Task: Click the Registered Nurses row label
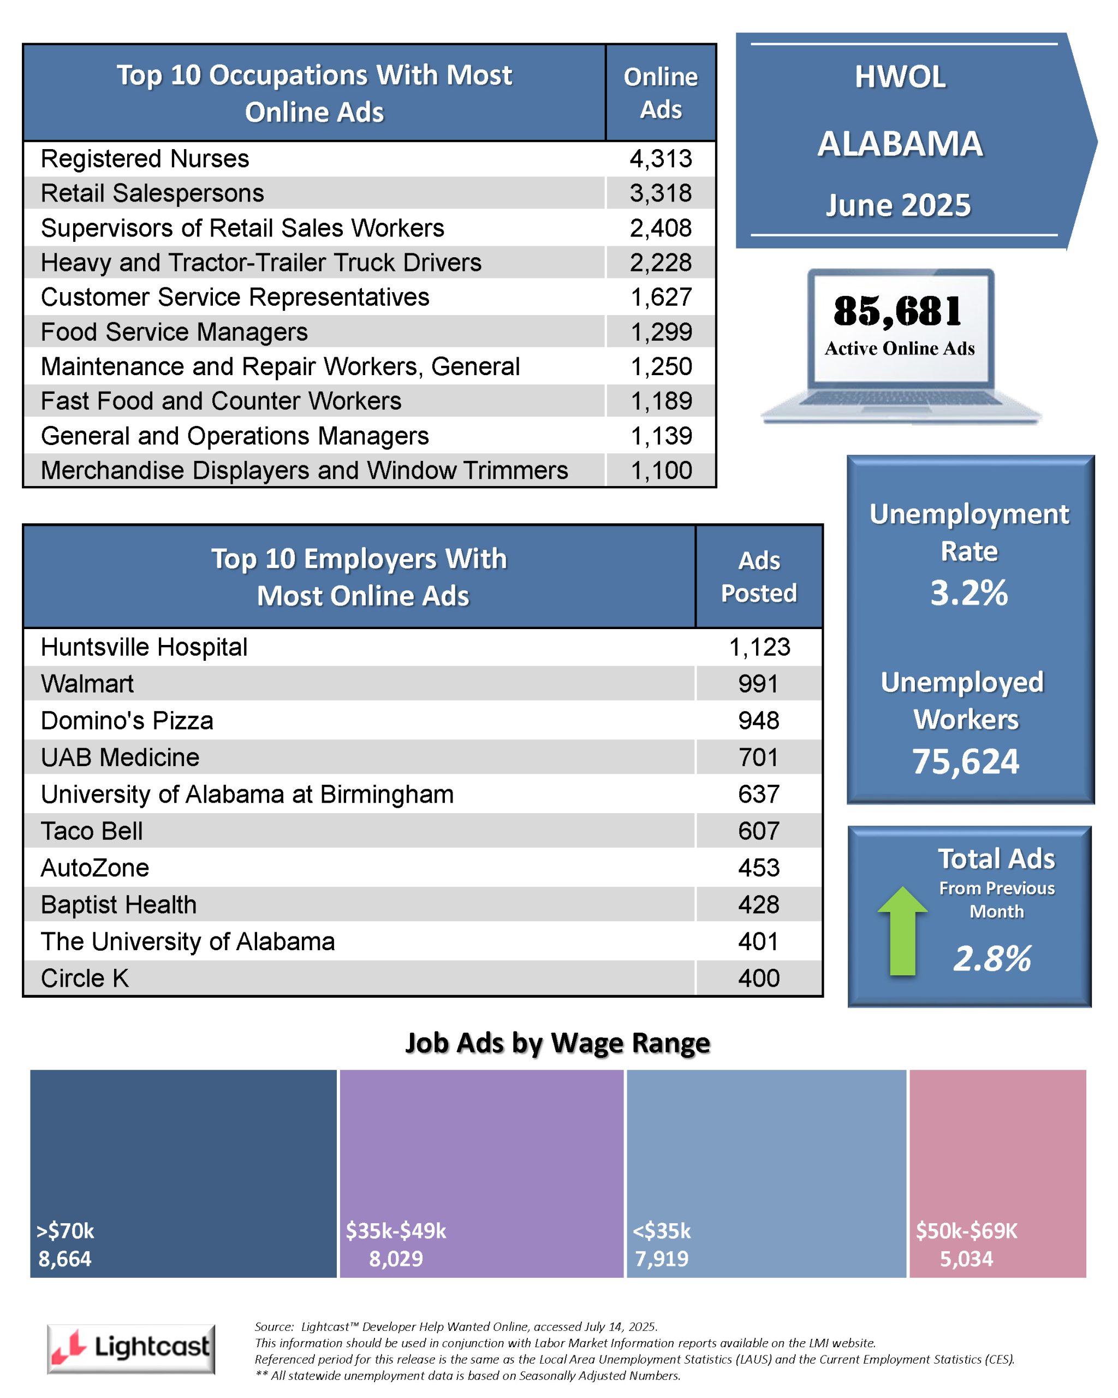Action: [x=145, y=159]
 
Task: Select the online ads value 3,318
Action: [x=661, y=193]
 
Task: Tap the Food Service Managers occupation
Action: [x=174, y=332]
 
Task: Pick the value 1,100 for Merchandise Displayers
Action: [x=661, y=471]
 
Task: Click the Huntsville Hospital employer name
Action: [x=144, y=647]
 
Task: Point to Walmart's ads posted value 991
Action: [x=758, y=684]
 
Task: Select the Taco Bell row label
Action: [x=91, y=831]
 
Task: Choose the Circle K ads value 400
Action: [x=758, y=979]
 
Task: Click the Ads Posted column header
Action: [x=759, y=577]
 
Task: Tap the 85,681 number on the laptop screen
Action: [x=899, y=312]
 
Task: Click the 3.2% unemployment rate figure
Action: [x=969, y=593]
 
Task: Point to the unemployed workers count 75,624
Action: [x=966, y=761]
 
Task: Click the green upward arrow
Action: [x=902, y=931]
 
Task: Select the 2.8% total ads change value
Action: [x=992, y=958]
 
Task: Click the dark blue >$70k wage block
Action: [x=183, y=1174]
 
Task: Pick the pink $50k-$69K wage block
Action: [x=997, y=1174]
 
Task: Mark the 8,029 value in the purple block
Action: [x=396, y=1259]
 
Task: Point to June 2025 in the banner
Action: [x=899, y=205]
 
